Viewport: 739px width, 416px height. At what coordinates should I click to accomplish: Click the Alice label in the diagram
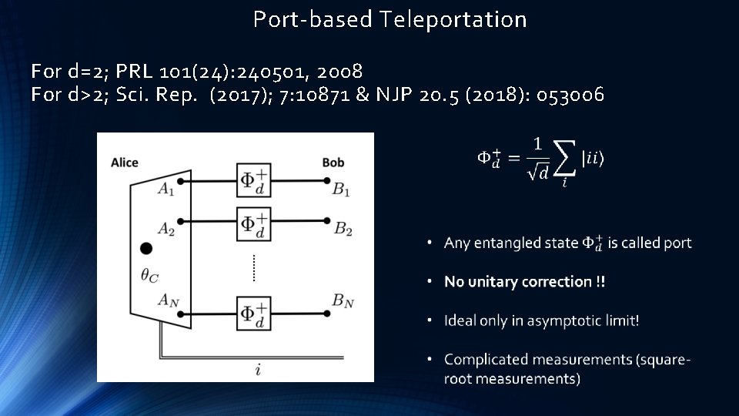[x=125, y=163]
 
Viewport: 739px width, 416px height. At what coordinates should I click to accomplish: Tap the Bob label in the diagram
[x=333, y=163]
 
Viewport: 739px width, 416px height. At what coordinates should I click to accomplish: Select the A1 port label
[x=166, y=189]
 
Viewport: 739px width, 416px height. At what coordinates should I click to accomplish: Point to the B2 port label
[x=343, y=229]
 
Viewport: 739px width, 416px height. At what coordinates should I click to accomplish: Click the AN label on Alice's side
[x=169, y=300]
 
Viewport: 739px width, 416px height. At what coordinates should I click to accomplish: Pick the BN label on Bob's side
[x=343, y=302]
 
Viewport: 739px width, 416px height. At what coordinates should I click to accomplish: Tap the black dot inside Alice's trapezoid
[x=146, y=248]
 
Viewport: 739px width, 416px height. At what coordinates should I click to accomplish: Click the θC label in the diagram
[x=150, y=273]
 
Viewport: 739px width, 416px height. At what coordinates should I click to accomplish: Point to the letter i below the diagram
[x=258, y=371]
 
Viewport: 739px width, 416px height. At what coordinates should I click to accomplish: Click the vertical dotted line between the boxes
[x=252, y=267]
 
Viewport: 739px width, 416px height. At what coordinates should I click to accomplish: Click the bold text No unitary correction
[x=524, y=282]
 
